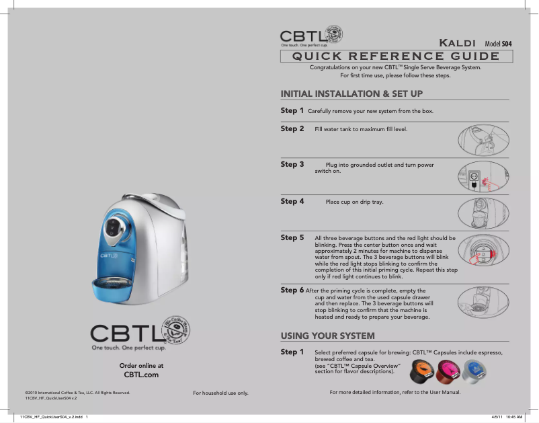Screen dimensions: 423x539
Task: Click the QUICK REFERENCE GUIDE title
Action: (x=395, y=56)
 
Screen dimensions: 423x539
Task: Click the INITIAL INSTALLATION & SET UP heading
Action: (x=351, y=93)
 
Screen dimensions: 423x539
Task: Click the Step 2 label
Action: (x=292, y=128)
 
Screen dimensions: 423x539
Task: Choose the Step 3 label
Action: (x=292, y=164)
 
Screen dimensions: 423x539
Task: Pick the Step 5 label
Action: (x=292, y=237)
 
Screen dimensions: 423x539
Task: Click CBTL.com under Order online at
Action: (x=141, y=375)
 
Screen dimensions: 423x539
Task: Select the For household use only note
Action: (x=220, y=393)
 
